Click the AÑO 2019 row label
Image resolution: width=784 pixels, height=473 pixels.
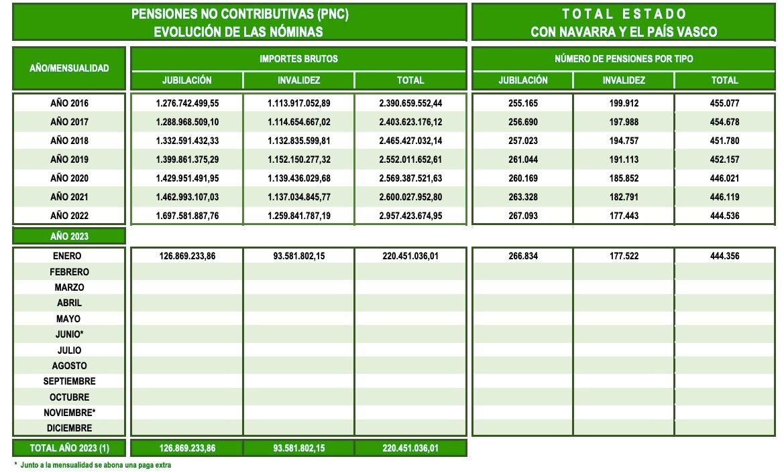click(69, 159)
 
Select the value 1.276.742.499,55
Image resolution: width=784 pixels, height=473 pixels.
click(187, 104)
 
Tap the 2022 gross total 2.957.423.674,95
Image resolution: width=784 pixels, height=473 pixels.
click(410, 216)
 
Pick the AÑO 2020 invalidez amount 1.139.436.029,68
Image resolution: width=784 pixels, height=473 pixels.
click(298, 178)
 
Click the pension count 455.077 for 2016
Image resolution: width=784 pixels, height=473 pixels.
click(724, 104)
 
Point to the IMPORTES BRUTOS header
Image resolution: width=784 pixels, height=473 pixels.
click(298, 59)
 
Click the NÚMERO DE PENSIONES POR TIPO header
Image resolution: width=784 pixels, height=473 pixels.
click(624, 59)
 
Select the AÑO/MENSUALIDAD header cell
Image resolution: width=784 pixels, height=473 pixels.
click(69, 68)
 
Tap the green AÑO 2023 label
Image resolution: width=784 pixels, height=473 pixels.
click(69, 236)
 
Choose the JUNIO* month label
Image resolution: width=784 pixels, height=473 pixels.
click(70, 334)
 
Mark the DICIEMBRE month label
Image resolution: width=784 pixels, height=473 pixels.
click(70, 427)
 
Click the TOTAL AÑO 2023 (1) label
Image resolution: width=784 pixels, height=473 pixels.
click(70, 448)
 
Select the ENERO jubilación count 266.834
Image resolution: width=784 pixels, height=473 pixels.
click(522, 256)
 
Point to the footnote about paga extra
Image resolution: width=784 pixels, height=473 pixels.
click(94, 465)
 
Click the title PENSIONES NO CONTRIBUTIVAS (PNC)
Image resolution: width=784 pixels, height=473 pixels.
click(239, 14)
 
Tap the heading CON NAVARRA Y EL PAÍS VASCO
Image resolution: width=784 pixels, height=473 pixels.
click(624, 31)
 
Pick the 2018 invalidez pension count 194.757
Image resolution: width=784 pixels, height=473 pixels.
click(623, 141)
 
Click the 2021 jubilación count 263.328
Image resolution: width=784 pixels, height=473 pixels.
click(522, 197)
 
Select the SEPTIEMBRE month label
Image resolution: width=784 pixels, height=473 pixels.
click(70, 381)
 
